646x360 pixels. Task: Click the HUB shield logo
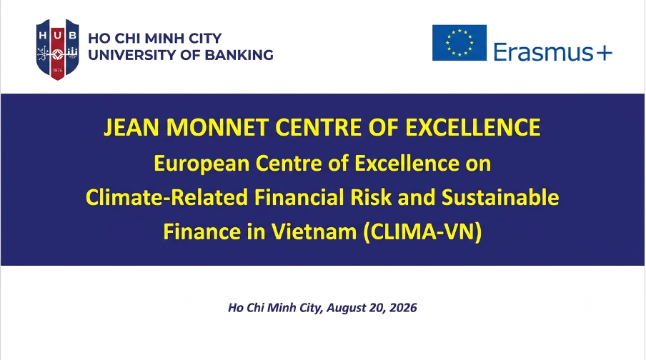57,49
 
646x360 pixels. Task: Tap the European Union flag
459,43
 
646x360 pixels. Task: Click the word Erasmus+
553,52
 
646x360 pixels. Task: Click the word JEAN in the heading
131,127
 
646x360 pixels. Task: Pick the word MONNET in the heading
217,127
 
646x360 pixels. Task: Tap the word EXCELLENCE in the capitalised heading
473,127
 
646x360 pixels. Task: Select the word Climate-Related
167,197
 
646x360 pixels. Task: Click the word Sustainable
500,197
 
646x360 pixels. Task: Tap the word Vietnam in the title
314,231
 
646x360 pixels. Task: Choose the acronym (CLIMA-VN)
423,232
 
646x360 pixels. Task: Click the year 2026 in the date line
403,308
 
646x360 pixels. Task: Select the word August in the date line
345,309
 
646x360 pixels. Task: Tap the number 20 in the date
376,308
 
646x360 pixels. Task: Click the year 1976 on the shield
58,70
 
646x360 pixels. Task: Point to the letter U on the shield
58,36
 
